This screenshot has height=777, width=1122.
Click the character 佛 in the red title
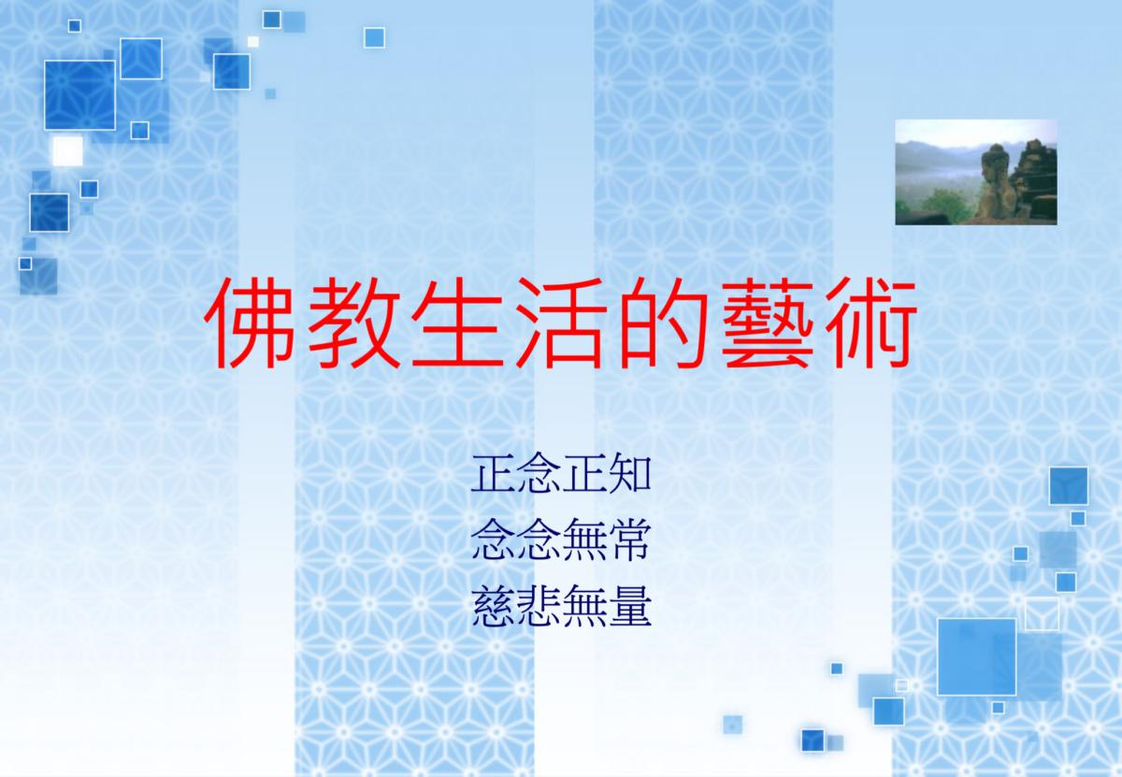250,323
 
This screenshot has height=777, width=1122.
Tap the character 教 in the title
353,323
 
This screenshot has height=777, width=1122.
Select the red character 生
456,323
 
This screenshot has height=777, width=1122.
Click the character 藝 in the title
767,323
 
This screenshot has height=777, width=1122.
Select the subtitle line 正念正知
561,473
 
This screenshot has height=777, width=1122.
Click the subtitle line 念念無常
561,540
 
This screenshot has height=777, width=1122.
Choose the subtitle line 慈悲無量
561,606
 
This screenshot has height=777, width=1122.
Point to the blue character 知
629,473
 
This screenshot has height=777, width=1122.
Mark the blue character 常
629,540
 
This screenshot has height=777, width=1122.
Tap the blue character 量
629,606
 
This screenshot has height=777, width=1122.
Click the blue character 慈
493,606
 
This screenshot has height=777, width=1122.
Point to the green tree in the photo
942,205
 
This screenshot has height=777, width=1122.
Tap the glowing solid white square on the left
67,151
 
